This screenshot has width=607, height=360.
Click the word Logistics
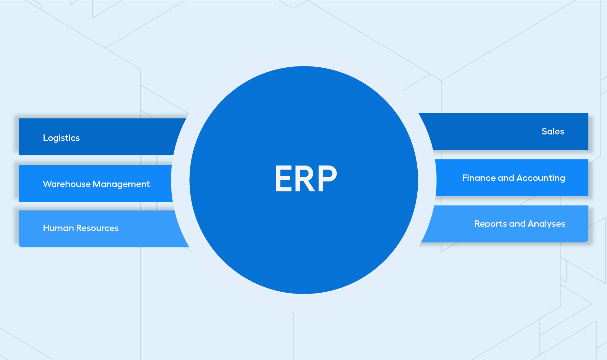(x=61, y=138)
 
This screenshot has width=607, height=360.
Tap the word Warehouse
(x=67, y=184)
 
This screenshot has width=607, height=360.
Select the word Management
(x=121, y=185)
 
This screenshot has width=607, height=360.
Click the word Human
(x=58, y=228)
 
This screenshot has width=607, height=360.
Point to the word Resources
(x=97, y=228)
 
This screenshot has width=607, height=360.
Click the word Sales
(x=553, y=131)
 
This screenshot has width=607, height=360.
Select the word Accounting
(x=541, y=178)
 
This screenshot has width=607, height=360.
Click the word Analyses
(x=546, y=224)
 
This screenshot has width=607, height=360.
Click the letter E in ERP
(x=283, y=178)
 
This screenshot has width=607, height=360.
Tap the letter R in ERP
(x=306, y=178)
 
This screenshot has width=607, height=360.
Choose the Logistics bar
(x=98, y=137)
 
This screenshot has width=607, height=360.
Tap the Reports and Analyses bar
(x=508, y=224)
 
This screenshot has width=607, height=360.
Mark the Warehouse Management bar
(x=95, y=183)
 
